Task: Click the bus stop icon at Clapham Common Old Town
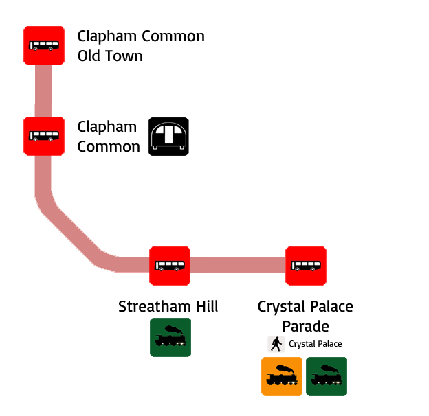pos(44,46)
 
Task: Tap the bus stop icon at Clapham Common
pos(44,137)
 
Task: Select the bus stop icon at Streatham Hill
pos(170,266)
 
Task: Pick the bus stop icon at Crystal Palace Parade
pos(306,266)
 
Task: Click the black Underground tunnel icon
pos(168,137)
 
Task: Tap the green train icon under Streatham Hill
pos(170,337)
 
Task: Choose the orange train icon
pos(282,376)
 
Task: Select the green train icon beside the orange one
pos(327,376)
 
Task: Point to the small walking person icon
pos(276,344)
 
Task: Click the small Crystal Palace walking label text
pos(315,344)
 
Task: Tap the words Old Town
pos(110,56)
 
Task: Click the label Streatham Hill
pos(168,306)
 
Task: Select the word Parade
pos(305,325)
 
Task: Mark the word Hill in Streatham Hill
pos(205,306)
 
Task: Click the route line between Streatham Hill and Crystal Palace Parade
pos(238,265)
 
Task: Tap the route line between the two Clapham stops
pos(44,91)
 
